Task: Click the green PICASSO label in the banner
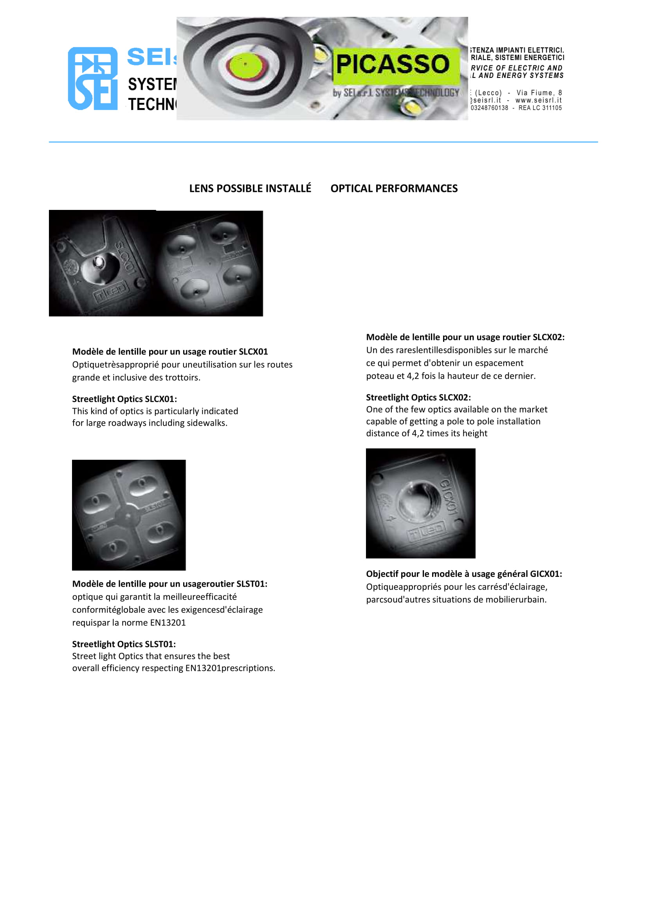click(395, 65)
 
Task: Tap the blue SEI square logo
click(93, 79)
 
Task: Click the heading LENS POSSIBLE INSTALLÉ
click(250, 188)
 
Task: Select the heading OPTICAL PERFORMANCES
click(394, 188)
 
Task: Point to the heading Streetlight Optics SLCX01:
click(124, 399)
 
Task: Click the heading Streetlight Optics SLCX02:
click(418, 397)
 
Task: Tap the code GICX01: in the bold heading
click(546, 574)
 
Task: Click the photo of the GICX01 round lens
click(421, 503)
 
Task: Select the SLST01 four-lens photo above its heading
click(129, 515)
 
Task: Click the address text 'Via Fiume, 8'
click(539, 93)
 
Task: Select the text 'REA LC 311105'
click(540, 108)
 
